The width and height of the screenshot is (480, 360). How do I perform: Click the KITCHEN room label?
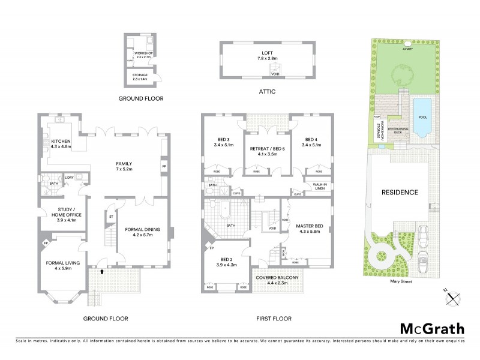(x=61, y=143)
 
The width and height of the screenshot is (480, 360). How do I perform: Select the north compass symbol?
(x=454, y=295)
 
